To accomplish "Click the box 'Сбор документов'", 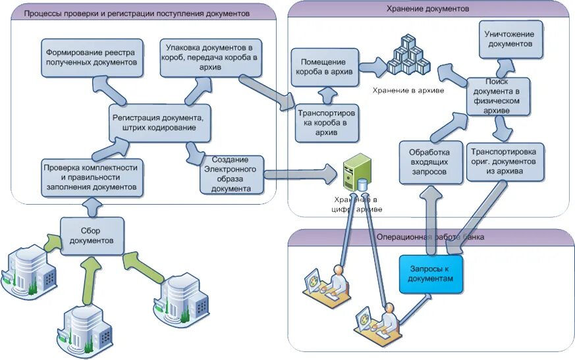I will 92,235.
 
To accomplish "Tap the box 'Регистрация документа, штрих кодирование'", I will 161,122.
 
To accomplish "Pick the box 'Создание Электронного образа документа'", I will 231,174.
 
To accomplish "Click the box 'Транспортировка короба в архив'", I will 327,122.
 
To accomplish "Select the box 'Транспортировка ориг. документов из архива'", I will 505,161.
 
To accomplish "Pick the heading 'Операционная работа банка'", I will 430,236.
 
